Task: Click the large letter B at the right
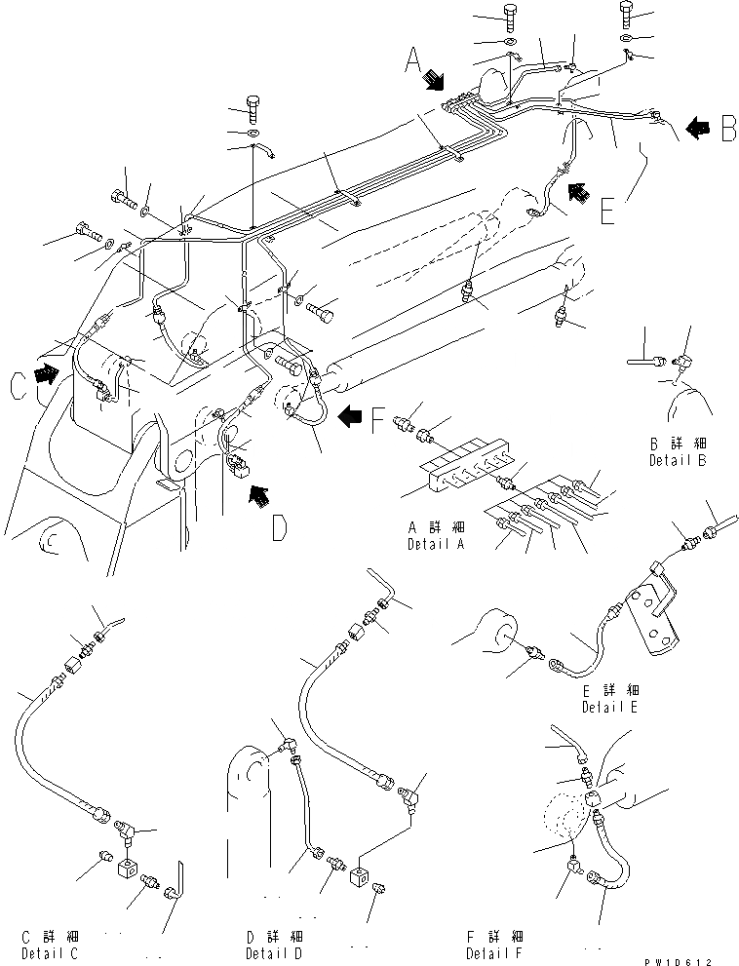click(726, 129)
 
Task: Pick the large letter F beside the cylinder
click(376, 422)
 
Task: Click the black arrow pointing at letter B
click(697, 127)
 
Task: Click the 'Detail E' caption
click(610, 707)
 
